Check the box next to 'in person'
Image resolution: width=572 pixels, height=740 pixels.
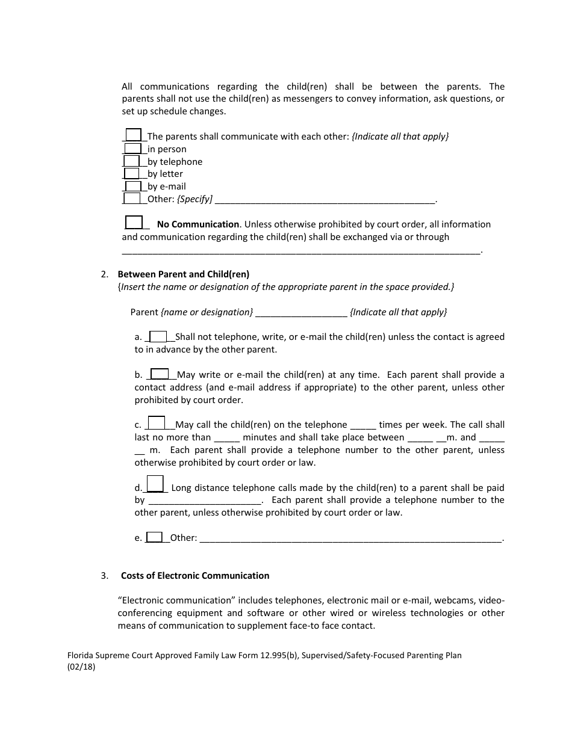(x=132, y=149)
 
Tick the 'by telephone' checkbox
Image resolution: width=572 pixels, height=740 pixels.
(x=132, y=161)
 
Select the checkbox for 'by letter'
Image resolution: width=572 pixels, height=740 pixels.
(x=132, y=173)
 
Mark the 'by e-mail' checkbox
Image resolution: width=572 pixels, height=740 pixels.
(x=132, y=186)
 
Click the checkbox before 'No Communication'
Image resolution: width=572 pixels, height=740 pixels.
(x=134, y=223)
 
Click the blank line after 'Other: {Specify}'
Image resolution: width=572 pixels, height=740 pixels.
(x=325, y=199)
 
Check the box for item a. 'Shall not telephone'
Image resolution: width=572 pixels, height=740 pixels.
(x=158, y=336)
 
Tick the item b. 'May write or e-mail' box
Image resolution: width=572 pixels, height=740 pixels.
(x=160, y=374)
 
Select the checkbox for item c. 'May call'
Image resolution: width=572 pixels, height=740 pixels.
(x=157, y=423)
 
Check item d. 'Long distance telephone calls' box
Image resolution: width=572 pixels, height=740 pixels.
(x=155, y=484)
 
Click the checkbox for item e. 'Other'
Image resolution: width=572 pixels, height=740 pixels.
(x=155, y=537)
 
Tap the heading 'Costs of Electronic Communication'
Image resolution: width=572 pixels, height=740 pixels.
(x=195, y=576)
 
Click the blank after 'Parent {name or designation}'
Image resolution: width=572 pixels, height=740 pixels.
(x=301, y=312)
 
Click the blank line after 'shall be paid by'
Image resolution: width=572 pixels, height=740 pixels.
(x=205, y=501)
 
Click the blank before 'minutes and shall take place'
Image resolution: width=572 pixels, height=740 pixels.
(x=227, y=438)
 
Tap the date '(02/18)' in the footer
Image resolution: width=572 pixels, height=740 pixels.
(x=81, y=667)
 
